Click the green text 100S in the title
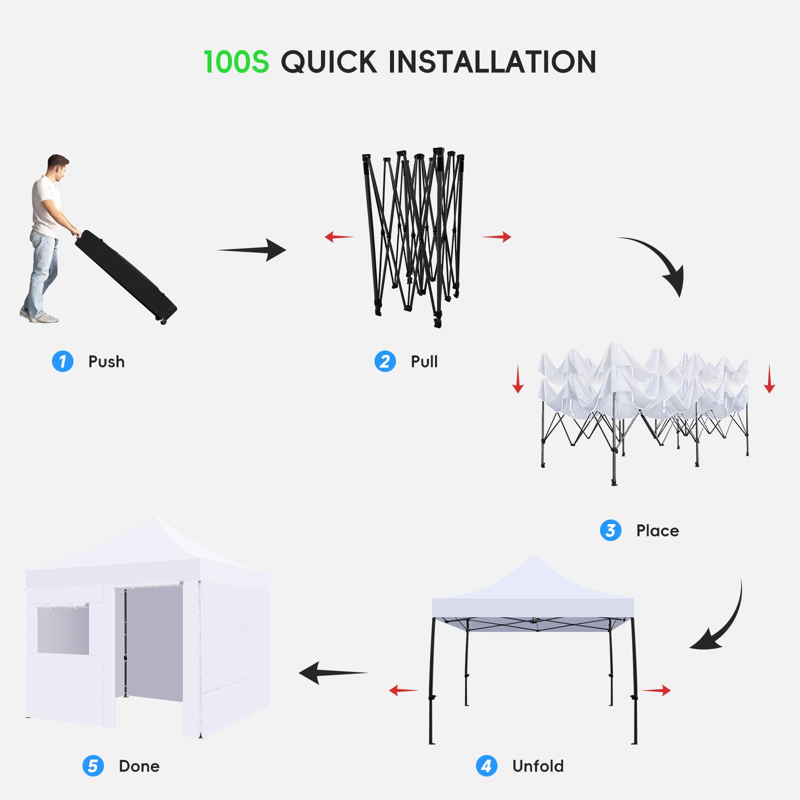[236, 62]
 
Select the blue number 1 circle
[62, 361]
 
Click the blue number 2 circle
[385, 361]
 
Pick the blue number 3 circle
[610, 530]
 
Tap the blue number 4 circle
[486, 766]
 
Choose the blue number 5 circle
[93, 766]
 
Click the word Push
[106, 361]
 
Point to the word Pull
[424, 361]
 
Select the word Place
[657, 530]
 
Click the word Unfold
[538, 766]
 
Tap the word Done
[139, 766]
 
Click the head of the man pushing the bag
[57, 166]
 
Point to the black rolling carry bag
[125, 277]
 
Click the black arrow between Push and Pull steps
[251, 249]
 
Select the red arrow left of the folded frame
[339, 236]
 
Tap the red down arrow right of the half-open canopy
[769, 378]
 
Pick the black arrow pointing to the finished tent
[333, 673]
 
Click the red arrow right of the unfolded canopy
[656, 690]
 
